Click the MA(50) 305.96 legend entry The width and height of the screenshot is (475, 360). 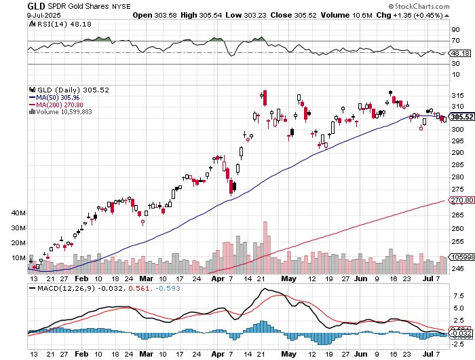click(x=62, y=97)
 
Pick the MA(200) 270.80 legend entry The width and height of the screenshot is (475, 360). click(x=64, y=105)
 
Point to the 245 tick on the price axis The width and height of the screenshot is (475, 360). click(x=456, y=268)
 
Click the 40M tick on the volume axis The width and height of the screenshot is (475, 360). click(x=18, y=213)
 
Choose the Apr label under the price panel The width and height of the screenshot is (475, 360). click(x=199, y=278)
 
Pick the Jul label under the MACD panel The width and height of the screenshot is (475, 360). click(x=427, y=355)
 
